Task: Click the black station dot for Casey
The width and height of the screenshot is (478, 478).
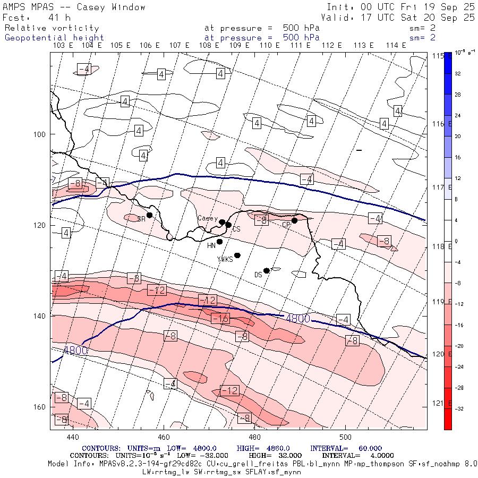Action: [222, 222]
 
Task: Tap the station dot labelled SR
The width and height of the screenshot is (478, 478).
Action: [150, 215]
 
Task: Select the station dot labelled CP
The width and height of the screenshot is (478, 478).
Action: [294, 220]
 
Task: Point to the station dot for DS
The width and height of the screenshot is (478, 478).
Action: [267, 270]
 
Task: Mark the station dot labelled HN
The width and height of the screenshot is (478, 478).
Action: [219, 242]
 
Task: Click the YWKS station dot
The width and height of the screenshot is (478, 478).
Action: [237, 255]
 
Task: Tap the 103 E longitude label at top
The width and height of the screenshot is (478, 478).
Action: [63, 46]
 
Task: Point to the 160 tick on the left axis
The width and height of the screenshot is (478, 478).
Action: [43, 407]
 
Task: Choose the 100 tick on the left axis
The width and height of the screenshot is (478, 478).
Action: [43, 134]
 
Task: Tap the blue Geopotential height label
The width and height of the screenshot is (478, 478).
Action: [54, 38]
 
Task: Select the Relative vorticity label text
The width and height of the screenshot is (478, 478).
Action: [52, 28]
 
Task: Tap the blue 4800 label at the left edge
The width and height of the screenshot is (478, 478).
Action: [74, 350]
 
